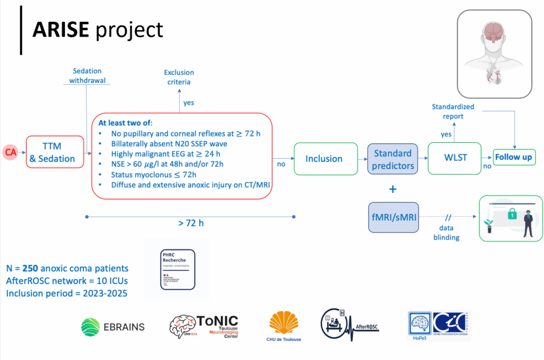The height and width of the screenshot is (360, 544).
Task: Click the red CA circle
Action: (10, 152)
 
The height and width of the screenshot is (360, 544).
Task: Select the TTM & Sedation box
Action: (55, 152)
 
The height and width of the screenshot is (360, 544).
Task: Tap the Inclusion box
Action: (324, 158)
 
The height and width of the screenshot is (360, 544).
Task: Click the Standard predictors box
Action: (393, 159)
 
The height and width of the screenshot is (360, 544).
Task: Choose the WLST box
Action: (454, 158)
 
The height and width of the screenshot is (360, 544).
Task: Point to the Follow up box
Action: (513, 158)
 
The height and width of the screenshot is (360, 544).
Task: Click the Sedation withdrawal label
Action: (88, 75)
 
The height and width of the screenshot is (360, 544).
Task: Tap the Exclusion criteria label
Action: (178, 77)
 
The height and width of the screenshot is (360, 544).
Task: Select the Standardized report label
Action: (453, 112)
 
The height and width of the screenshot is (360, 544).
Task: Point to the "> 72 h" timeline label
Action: (191, 223)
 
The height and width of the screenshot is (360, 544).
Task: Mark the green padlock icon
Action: (512, 213)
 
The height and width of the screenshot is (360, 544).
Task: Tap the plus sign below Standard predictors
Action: (393, 188)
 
